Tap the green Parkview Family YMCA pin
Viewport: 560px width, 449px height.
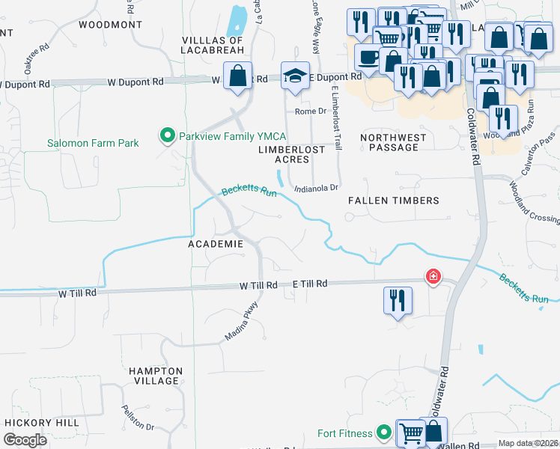167,135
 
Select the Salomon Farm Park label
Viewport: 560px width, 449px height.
93,143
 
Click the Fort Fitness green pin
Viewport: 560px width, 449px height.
384,432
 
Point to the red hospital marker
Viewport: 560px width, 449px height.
433,278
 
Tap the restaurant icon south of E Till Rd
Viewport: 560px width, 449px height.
398,301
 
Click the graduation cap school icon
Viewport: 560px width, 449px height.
296,76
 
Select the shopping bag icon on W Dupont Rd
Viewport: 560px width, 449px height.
237,76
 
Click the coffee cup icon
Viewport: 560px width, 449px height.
367,57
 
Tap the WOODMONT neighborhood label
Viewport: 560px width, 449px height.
110,25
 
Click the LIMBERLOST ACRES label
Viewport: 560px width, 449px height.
291,154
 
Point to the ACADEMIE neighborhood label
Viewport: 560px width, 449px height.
215,244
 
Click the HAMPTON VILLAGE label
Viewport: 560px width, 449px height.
156,376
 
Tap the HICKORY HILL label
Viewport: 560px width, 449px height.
42,423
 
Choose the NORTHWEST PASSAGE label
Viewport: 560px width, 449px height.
394,142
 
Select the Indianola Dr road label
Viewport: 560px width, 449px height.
317,189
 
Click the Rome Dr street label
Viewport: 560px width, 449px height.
311,111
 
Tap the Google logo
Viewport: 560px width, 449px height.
25,439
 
